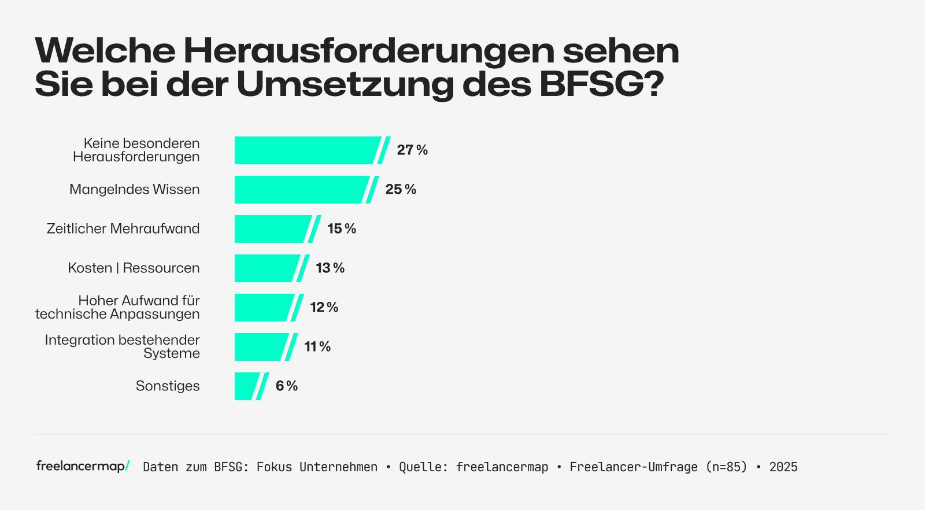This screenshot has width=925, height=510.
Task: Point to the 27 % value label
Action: (x=412, y=150)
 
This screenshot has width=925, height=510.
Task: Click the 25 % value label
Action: (x=401, y=190)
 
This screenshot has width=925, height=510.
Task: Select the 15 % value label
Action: (x=342, y=229)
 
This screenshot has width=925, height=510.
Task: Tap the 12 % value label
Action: (x=324, y=308)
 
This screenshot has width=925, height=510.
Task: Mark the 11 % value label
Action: (x=317, y=347)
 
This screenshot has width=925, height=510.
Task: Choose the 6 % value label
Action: (x=287, y=386)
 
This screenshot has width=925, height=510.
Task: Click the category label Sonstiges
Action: (x=168, y=386)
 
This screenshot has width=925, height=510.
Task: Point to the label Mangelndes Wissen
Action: (x=134, y=190)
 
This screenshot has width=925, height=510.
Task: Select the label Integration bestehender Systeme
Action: (x=123, y=347)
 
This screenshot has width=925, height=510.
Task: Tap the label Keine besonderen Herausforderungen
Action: (x=136, y=150)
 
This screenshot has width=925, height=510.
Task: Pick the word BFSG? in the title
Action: (x=601, y=84)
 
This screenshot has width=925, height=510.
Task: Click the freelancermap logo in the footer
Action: (x=83, y=466)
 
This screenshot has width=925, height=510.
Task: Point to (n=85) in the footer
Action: (x=726, y=467)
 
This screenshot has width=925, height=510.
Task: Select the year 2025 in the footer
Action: (x=783, y=467)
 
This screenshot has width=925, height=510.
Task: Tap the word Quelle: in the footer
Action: (x=423, y=467)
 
